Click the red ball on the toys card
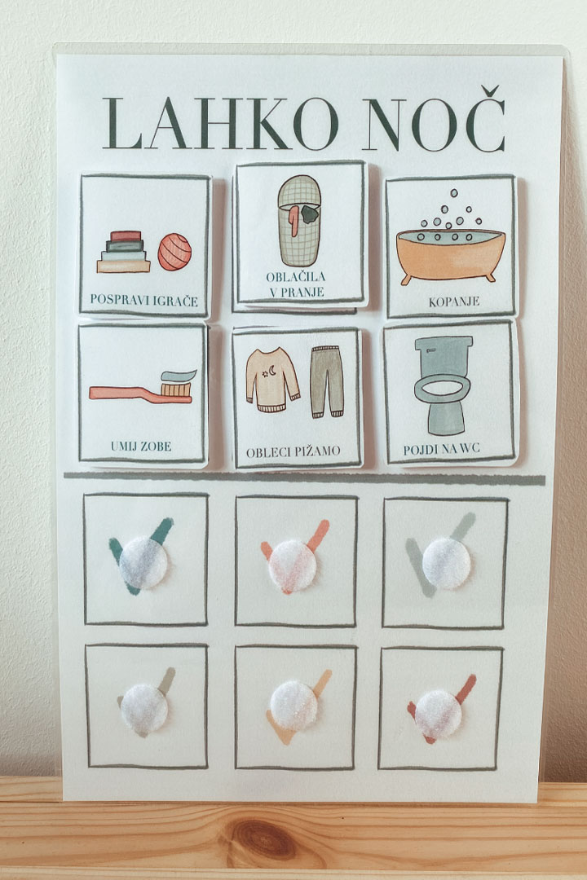click(174, 252)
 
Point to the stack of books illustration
click(124, 252)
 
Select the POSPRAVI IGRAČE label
click(143, 300)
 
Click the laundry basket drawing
click(299, 220)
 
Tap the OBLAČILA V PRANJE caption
click(295, 284)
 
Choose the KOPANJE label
click(454, 301)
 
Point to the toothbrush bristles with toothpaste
click(178, 383)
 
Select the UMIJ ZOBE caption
click(141, 447)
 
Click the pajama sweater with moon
click(272, 380)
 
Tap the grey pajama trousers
click(327, 381)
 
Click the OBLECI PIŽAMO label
click(293, 451)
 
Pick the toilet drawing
click(444, 385)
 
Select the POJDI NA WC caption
click(442, 449)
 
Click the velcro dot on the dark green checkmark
click(143, 562)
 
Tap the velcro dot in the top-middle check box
click(292, 565)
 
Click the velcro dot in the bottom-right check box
click(438, 714)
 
